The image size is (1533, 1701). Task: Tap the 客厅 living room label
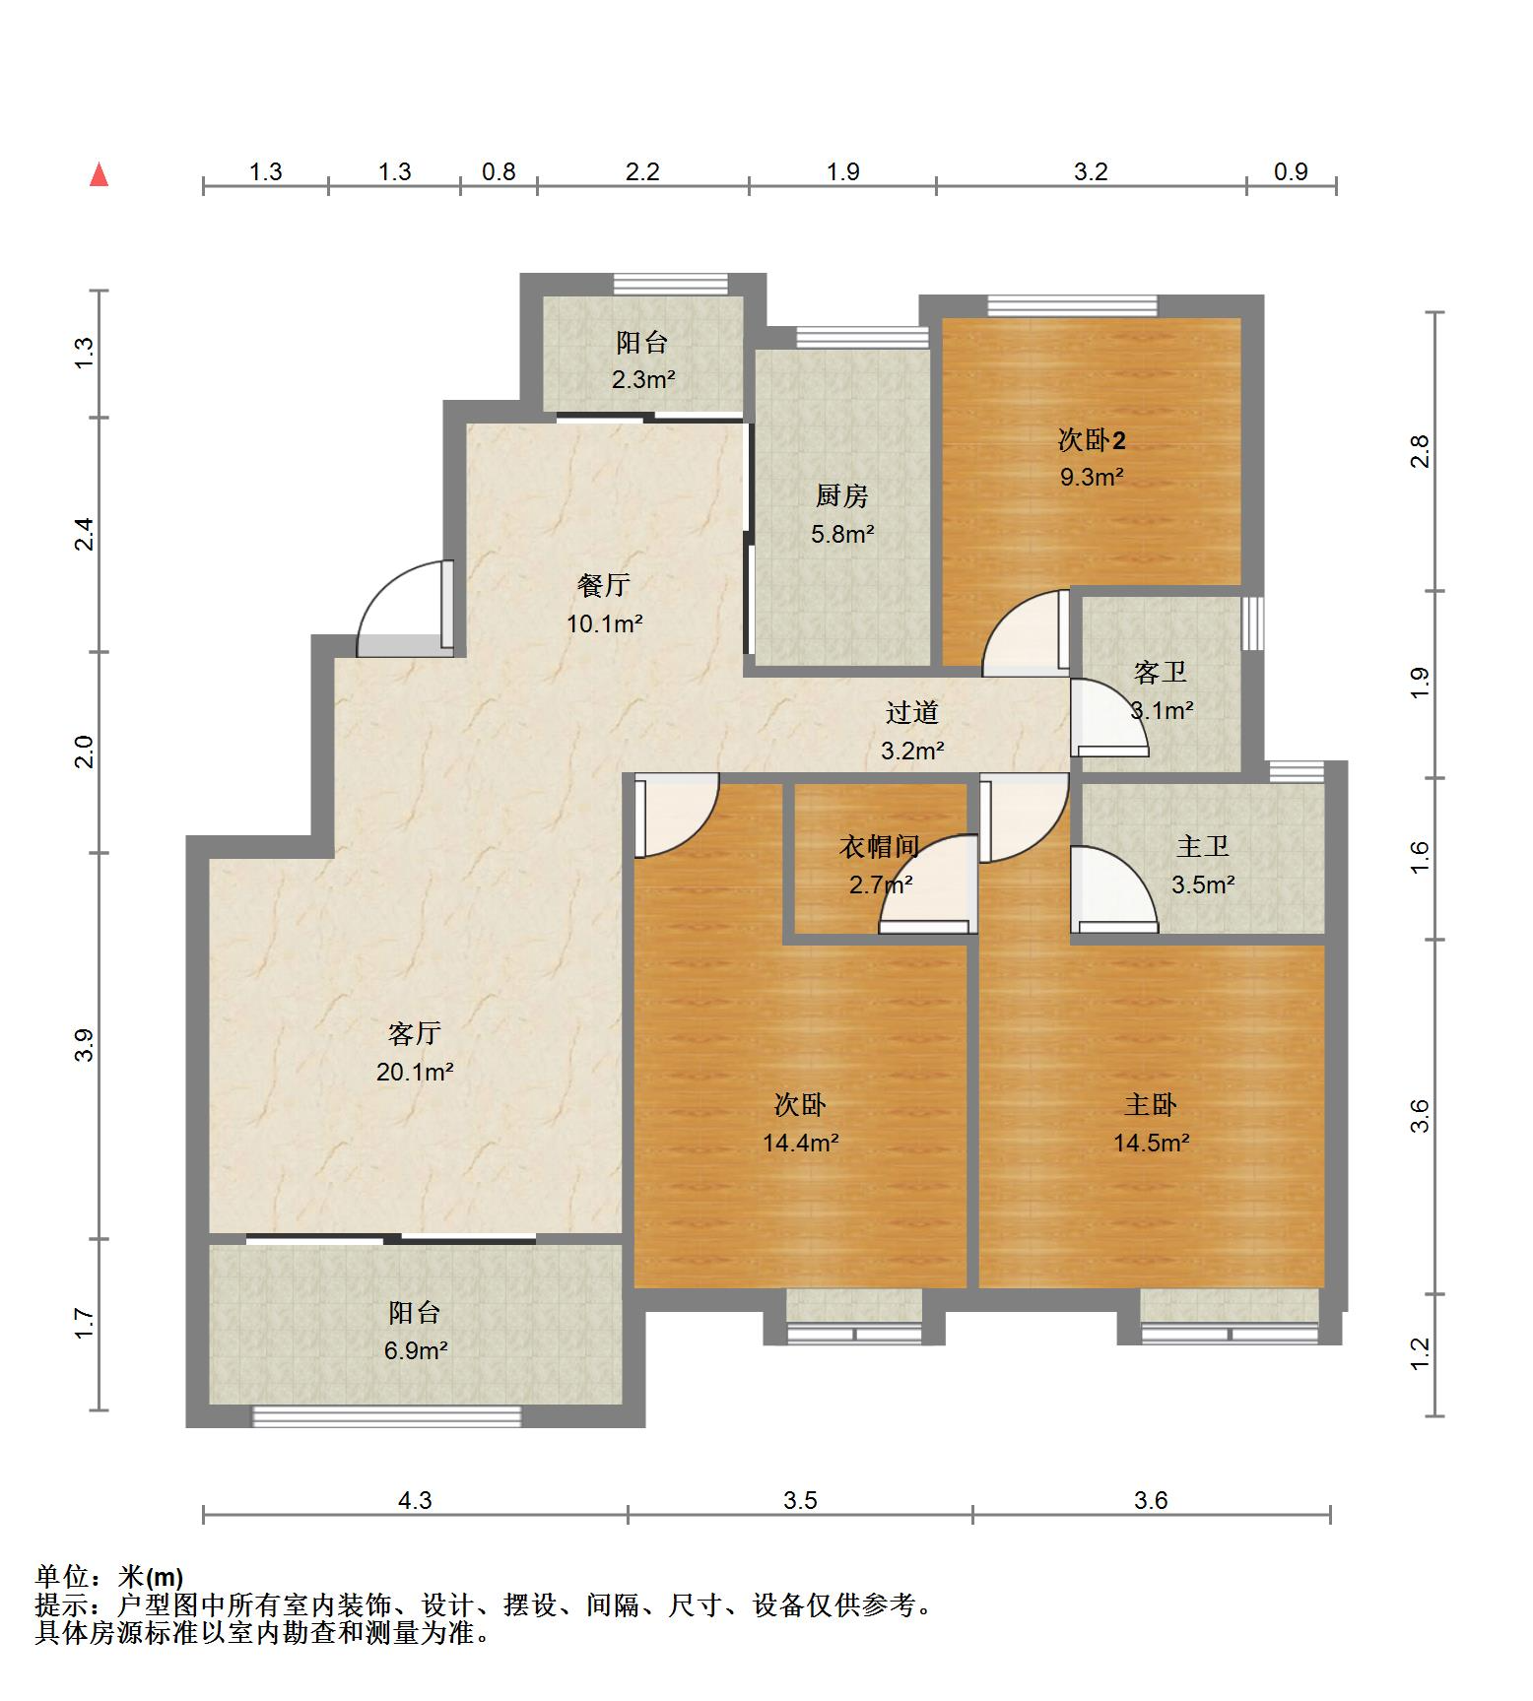click(x=414, y=1033)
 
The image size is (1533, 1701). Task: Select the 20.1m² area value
click(x=415, y=1071)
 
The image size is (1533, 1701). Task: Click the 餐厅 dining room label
click(x=604, y=585)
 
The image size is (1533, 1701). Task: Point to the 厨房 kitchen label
click(x=842, y=496)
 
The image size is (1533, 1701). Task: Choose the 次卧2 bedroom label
click(x=1092, y=439)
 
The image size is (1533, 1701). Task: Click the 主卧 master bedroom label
click(x=1151, y=1105)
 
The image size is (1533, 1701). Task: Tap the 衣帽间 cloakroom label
click(x=880, y=846)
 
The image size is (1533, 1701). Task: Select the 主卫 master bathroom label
click(x=1203, y=846)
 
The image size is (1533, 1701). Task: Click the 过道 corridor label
click(x=912, y=712)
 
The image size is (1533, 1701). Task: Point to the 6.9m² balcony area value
click(x=416, y=1350)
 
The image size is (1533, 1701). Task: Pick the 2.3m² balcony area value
click(x=643, y=379)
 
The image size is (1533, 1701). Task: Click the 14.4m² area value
click(x=800, y=1143)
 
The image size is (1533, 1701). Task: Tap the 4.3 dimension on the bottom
click(x=415, y=1500)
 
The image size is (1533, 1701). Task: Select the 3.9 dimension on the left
click(x=85, y=1045)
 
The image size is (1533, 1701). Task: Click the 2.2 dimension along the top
click(x=642, y=171)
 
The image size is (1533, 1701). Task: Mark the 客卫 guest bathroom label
click(x=1161, y=673)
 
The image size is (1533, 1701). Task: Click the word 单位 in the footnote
click(x=63, y=1577)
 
